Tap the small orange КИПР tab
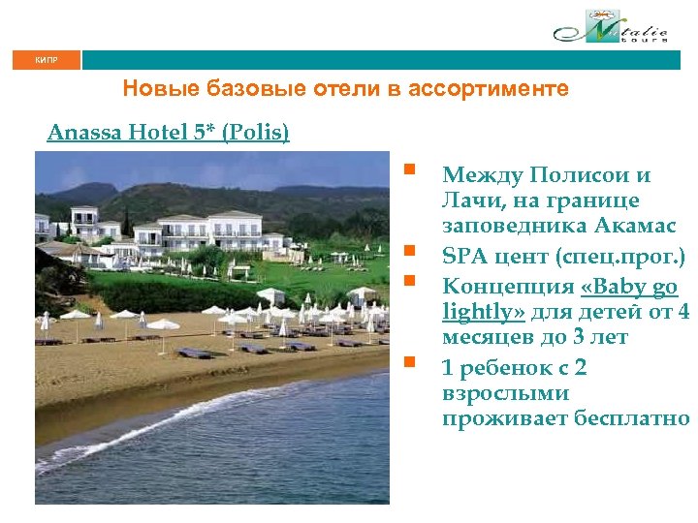47,60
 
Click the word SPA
464,258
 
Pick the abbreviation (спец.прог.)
624,258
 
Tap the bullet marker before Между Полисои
411,173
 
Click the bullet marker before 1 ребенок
411,364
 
